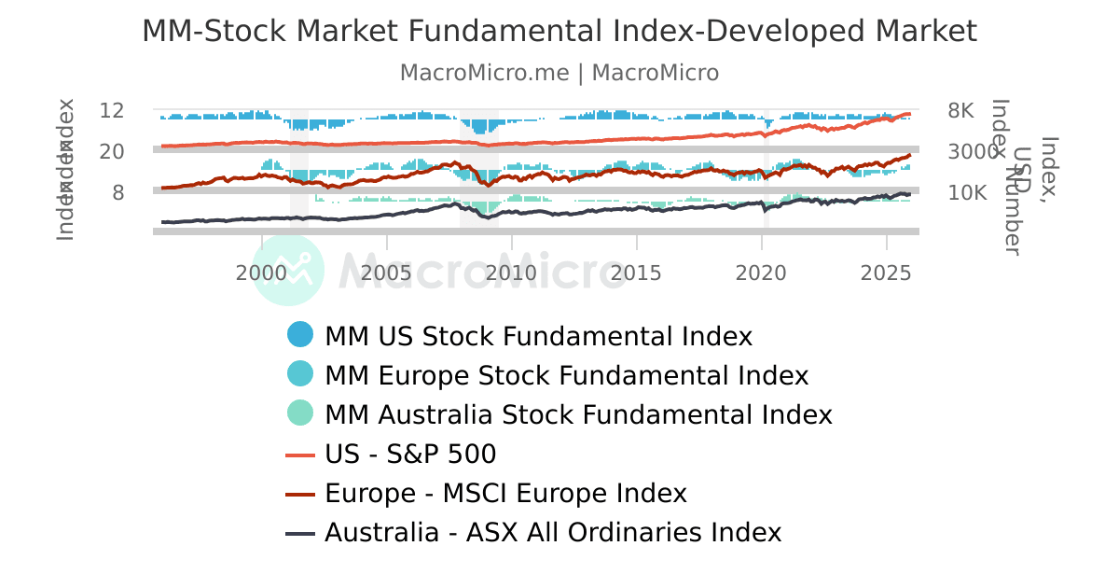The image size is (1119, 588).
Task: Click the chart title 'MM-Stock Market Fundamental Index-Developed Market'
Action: pos(559,32)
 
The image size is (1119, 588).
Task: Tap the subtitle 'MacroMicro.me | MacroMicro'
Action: pos(559,73)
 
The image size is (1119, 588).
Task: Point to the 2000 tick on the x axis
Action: pos(261,273)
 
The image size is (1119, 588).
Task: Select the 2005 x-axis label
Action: pos(386,273)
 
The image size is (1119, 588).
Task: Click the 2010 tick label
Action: pos(511,273)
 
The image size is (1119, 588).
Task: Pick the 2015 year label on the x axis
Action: pos(636,273)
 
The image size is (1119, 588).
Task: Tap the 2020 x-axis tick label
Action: pos(761,273)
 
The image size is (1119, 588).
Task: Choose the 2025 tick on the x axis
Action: pos(886,273)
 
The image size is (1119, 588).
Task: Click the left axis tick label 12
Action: pos(112,110)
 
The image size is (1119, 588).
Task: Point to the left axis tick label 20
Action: pos(112,151)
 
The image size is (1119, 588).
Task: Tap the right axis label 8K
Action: pos(960,110)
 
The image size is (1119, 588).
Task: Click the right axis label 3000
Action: pos(973,151)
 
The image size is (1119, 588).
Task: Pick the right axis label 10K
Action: pos(967,192)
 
